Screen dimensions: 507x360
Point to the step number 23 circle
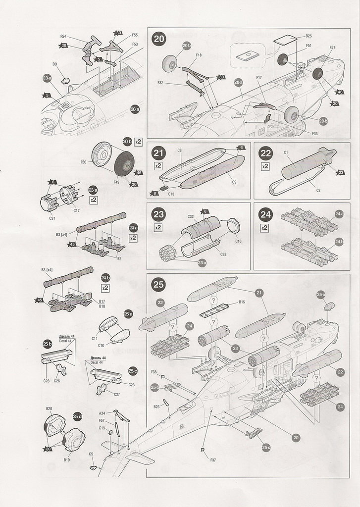[159, 214]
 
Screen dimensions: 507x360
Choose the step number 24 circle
[265, 214]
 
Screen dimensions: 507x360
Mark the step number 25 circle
[159, 284]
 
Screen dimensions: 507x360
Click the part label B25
[308, 36]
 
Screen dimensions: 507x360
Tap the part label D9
[54, 64]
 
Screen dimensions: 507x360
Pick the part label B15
[242, 302]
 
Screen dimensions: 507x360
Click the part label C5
[91, 454]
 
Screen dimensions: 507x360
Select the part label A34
[102, 413]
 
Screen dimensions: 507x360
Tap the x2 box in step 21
[158, 165]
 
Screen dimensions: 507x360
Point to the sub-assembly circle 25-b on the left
[48, 344]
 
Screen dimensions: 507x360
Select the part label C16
[238, 241]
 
